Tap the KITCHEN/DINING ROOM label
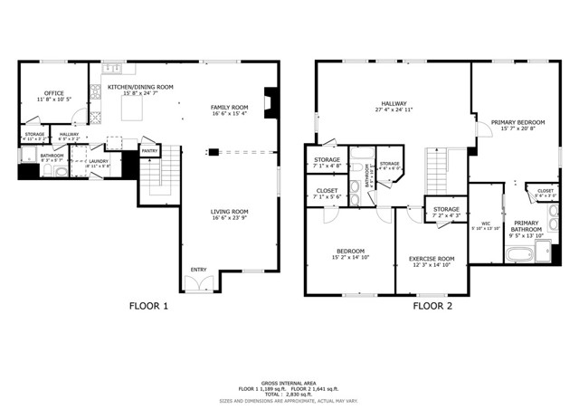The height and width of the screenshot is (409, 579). pos(140,88)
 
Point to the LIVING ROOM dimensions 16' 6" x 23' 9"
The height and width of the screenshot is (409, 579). pos(229,218)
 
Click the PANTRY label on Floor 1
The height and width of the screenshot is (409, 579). pos(149,151)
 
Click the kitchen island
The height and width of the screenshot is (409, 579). pos(128,109)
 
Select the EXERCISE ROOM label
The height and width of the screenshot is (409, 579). pos(432,259)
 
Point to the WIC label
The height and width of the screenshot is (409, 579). pos(486,222)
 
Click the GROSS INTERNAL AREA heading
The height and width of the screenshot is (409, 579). pos(289,384)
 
